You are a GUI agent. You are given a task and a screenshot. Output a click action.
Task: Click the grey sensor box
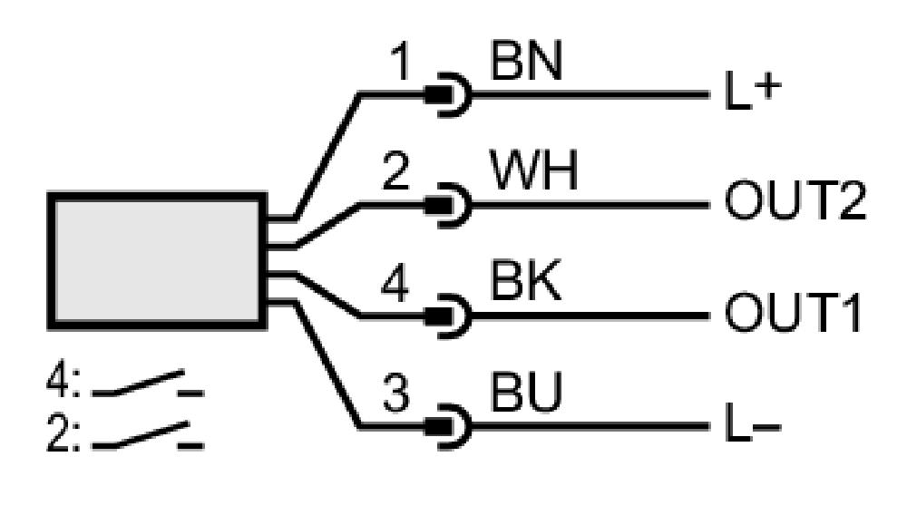157,261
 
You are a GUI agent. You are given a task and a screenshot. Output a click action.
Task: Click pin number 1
400,62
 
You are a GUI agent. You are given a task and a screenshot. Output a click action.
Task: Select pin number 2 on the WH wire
395,171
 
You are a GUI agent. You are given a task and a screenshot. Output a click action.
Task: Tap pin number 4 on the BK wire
395,283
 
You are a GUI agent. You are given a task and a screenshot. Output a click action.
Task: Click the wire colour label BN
526,62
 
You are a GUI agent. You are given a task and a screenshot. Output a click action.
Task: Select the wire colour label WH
534,171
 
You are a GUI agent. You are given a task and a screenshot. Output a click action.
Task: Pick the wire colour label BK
526,281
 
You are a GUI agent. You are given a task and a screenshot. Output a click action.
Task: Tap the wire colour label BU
526,392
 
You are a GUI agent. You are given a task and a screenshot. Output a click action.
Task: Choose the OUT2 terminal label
795,200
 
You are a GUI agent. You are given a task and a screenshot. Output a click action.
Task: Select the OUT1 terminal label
793,312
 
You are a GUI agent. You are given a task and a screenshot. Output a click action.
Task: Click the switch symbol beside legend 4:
148,384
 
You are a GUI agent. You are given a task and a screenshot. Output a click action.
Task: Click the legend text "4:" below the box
63,382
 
